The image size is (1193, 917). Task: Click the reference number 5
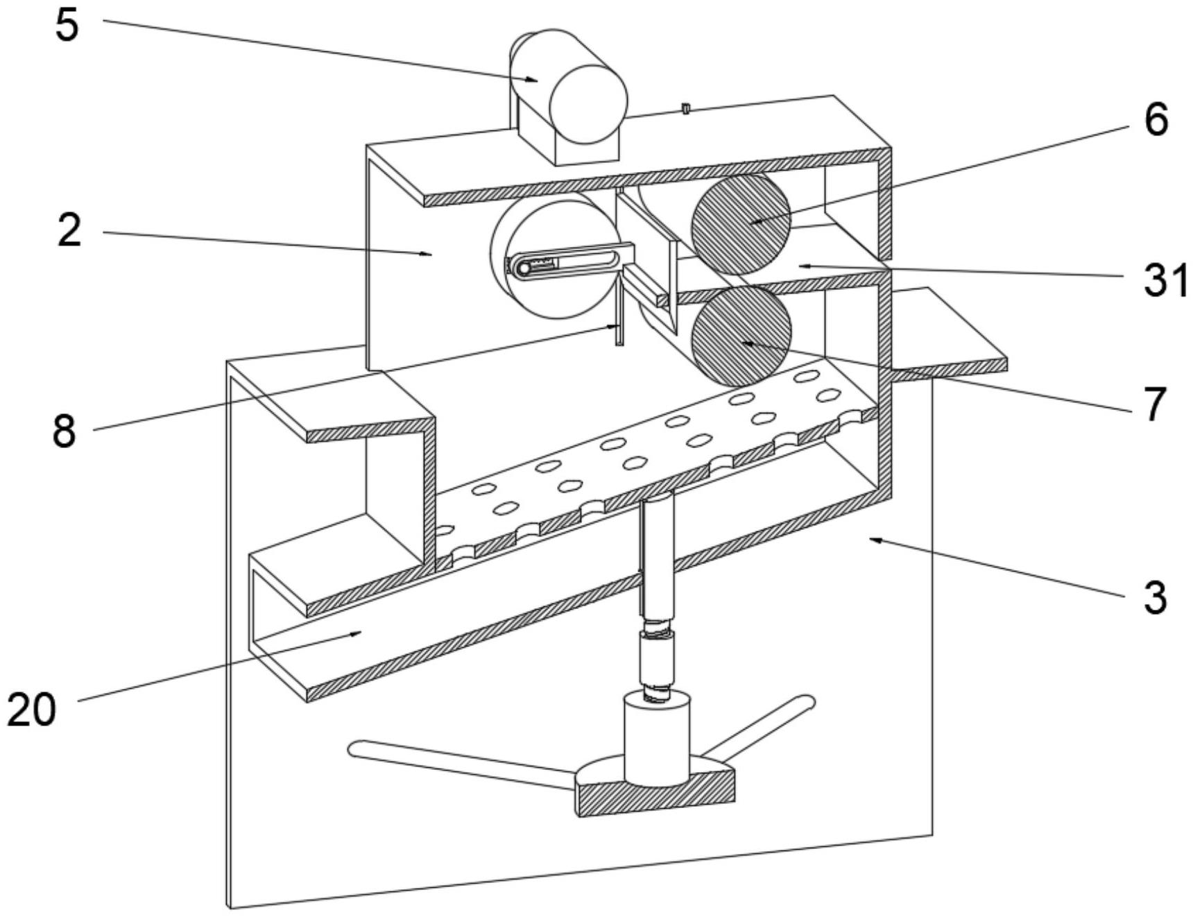point(67,26)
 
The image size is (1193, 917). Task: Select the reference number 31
point(1165,280)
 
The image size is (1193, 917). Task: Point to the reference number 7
point(1155,403)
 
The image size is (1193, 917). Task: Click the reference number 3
point(1155,597)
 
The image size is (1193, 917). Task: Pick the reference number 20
point(32,710)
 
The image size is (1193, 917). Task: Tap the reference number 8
point(65,431)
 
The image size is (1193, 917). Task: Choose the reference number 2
point(69,230)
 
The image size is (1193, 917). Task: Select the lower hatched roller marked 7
point(741,336)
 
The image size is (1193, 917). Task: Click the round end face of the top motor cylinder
point(588,104)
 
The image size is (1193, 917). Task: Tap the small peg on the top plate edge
point(686,109)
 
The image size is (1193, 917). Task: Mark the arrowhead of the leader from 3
point(874,539)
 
